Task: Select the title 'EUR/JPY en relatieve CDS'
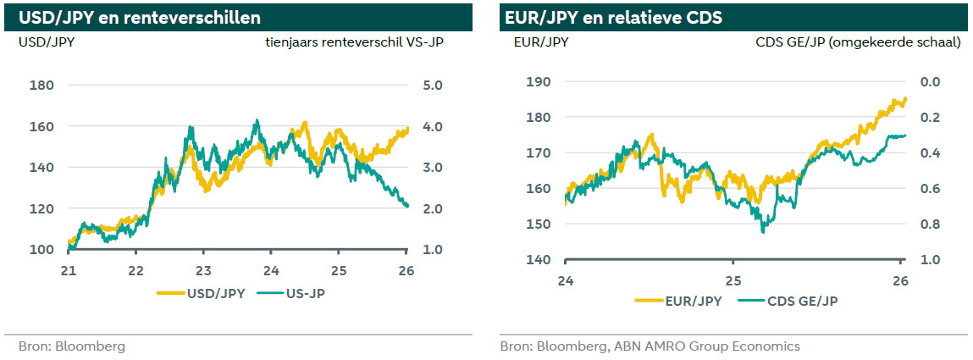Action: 613,17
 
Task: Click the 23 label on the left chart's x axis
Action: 203,271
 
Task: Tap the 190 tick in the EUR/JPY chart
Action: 538,82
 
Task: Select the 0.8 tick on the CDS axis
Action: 930,224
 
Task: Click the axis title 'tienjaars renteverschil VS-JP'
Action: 355,42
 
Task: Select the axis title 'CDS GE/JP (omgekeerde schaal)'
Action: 858,42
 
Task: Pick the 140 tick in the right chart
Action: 538,260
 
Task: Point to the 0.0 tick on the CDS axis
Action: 930,82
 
